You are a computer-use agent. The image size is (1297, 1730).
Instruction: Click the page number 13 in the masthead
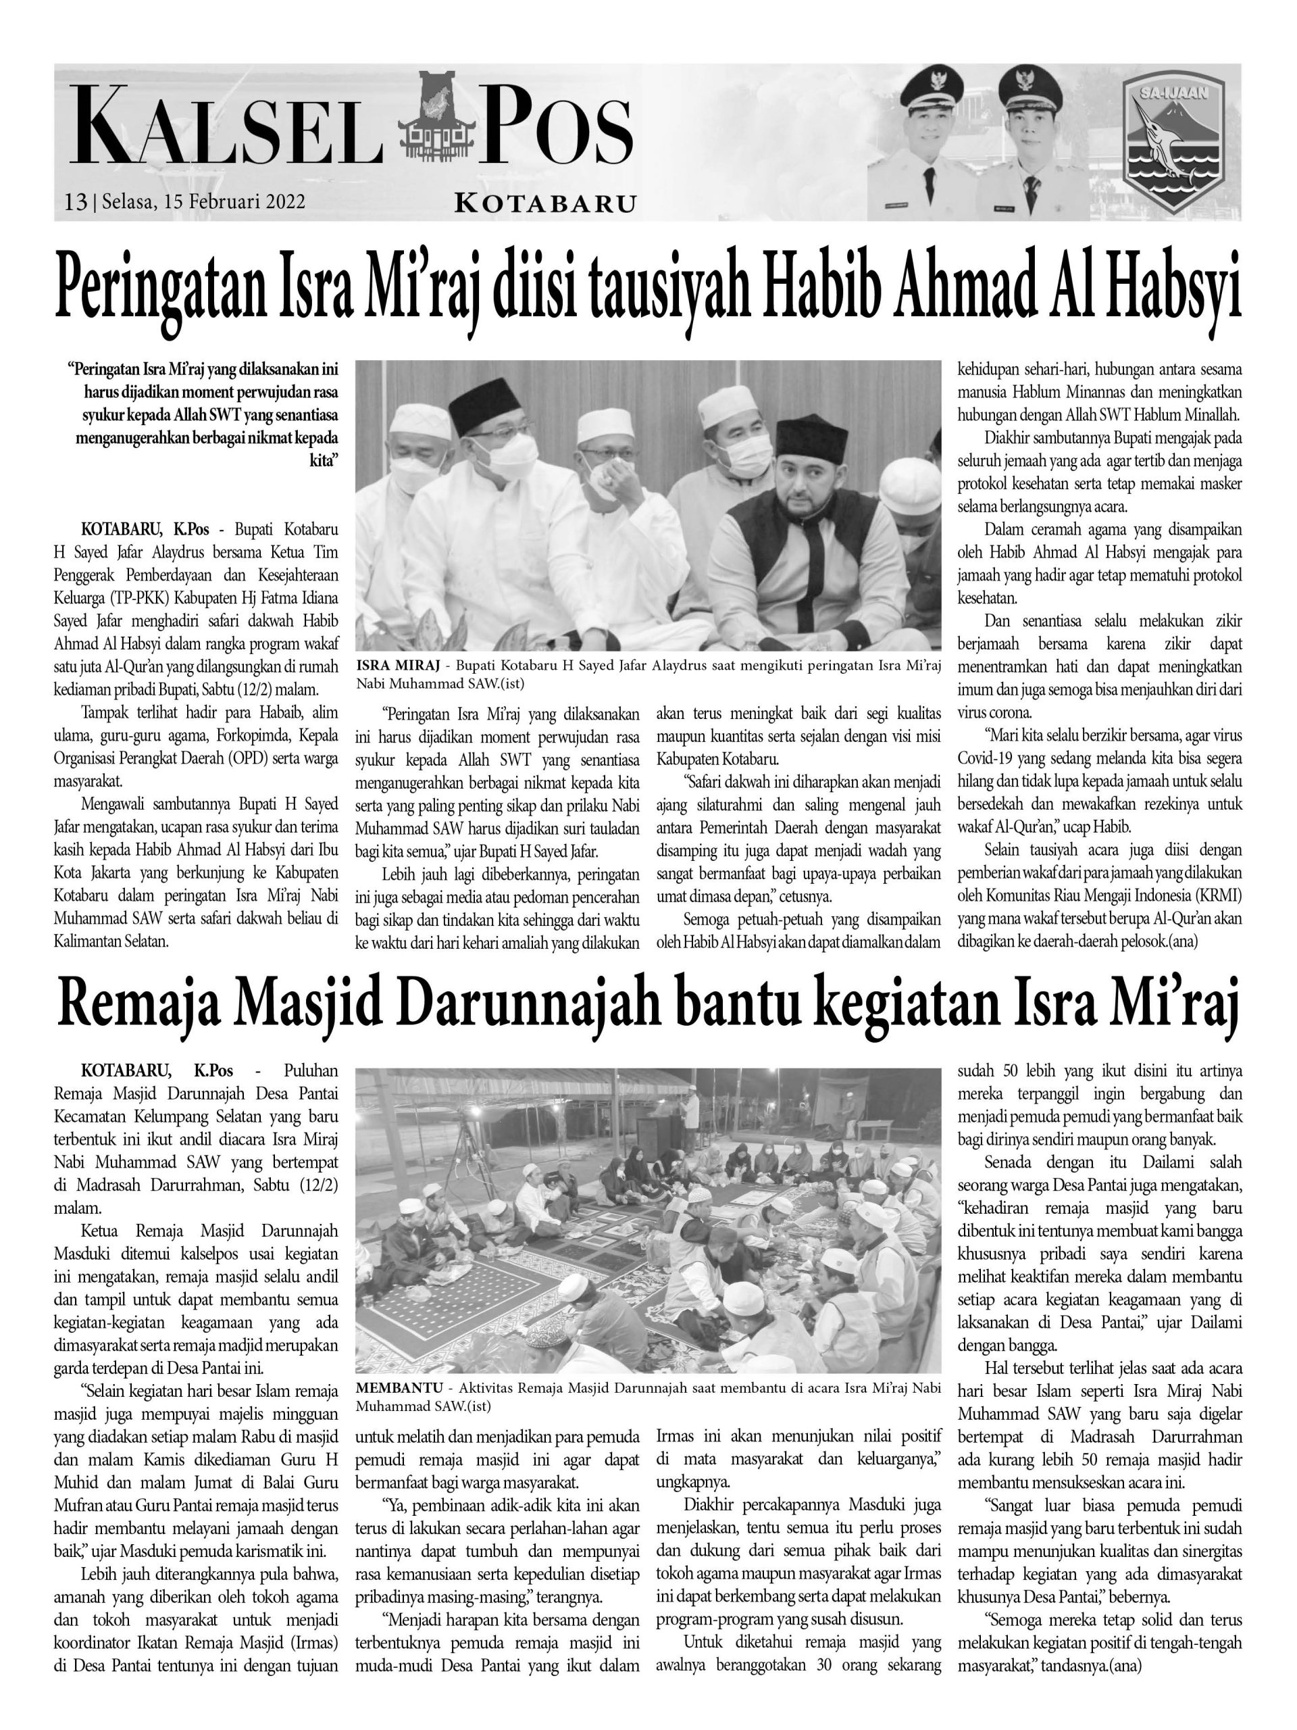[75, 202]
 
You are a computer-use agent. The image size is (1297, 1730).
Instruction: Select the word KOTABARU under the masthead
[545, 205]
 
